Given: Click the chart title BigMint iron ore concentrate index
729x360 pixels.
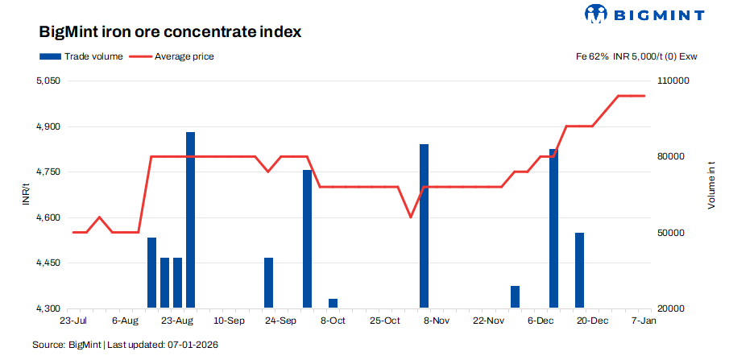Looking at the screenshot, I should (x=170, y=33).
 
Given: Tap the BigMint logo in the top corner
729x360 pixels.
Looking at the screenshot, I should (x=644, y=14).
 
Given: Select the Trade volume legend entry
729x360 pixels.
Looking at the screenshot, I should (x=81, y=56).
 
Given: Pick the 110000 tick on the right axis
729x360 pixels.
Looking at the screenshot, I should (x=674, y=81).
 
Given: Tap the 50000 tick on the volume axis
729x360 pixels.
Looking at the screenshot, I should (x=672, y=233).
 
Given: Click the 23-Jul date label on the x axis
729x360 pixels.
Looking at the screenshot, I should (x=72, y=321).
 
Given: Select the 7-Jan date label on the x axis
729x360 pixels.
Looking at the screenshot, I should (x=643, y=321).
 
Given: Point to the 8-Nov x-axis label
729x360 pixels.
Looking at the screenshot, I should (x=436, y=321).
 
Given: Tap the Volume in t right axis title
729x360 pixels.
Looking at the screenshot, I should (x=711, y=186).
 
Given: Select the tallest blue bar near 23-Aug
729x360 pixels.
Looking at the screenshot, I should (x=191, y=220).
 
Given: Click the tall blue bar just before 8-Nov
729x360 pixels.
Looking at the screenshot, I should (x=424, y=226).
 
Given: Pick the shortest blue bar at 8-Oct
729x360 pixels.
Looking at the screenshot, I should (x=333, y=304).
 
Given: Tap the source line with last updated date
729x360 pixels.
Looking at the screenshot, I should (x=125, y=345).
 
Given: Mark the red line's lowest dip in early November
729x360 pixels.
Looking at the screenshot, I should (x=411, y=217).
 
